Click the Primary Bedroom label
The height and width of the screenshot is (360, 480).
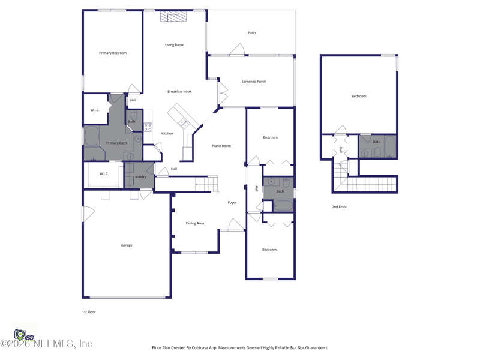113,53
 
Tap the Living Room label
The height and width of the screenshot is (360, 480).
175,45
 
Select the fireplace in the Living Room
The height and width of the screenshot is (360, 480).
173,17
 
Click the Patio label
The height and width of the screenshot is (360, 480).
251,33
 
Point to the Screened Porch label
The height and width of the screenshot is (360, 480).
254,82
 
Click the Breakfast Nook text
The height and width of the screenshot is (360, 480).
179,92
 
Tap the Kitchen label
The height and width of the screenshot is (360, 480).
167,133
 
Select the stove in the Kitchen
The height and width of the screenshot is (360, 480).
148,127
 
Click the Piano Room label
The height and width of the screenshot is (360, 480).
221,146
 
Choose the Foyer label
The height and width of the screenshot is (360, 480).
232,203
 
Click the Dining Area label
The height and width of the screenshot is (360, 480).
195,223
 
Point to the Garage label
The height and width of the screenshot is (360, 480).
127,245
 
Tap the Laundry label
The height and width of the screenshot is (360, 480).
139,177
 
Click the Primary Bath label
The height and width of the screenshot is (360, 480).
116,143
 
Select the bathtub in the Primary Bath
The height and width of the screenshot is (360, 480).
92,136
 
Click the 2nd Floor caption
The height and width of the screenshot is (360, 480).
339,207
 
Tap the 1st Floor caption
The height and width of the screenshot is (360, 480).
89,312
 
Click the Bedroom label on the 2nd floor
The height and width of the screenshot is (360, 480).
359,96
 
